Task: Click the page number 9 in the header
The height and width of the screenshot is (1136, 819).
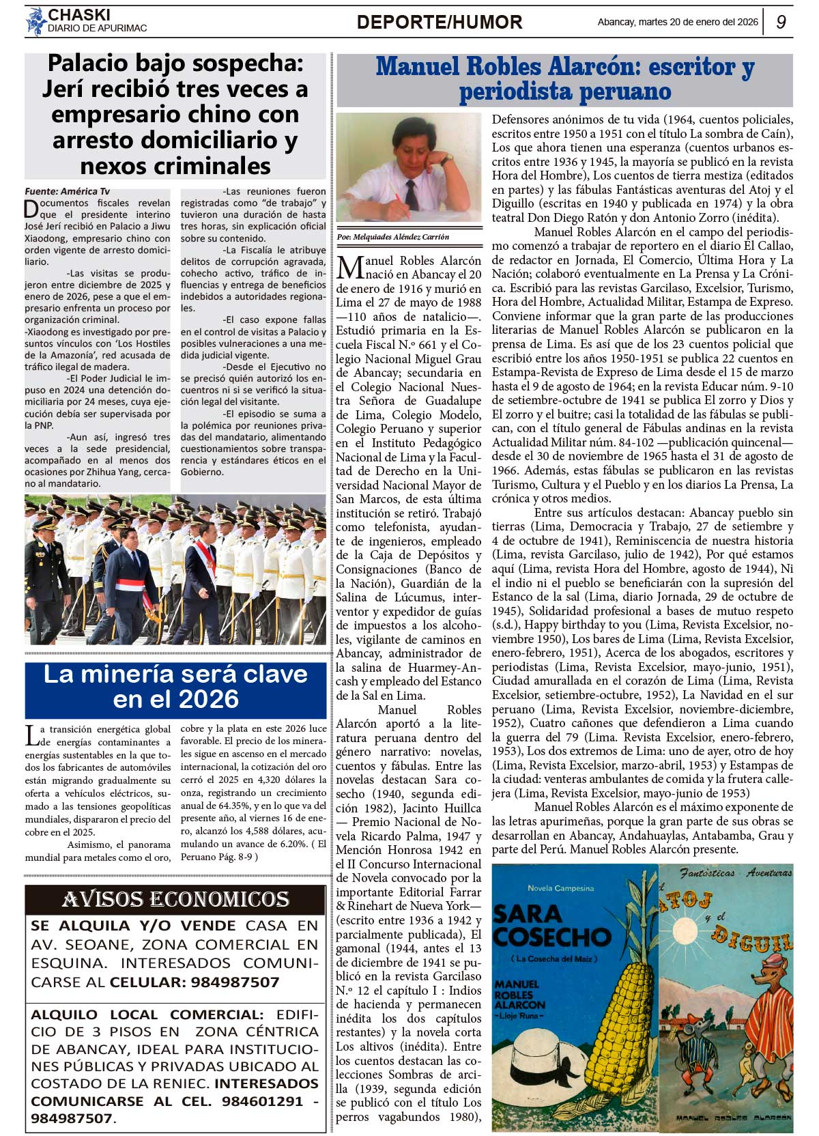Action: (781, 22)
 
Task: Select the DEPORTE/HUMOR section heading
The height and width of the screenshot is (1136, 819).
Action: (439, 23)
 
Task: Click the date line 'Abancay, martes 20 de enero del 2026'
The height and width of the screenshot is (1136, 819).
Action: (677, 23)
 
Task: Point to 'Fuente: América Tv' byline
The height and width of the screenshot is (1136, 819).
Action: (67, 192)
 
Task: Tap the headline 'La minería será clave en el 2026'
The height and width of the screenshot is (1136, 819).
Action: (175, 686)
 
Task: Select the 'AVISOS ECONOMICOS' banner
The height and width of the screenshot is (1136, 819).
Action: (175, 899)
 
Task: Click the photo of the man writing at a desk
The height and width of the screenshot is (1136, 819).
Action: (408, 167)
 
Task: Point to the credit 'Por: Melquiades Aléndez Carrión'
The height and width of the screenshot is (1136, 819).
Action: (393, 237)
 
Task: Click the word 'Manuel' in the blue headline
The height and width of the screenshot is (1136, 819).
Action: (417, 66)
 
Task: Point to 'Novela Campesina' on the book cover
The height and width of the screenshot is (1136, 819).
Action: (560, 888)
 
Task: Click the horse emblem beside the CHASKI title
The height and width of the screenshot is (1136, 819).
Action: (35, 21)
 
